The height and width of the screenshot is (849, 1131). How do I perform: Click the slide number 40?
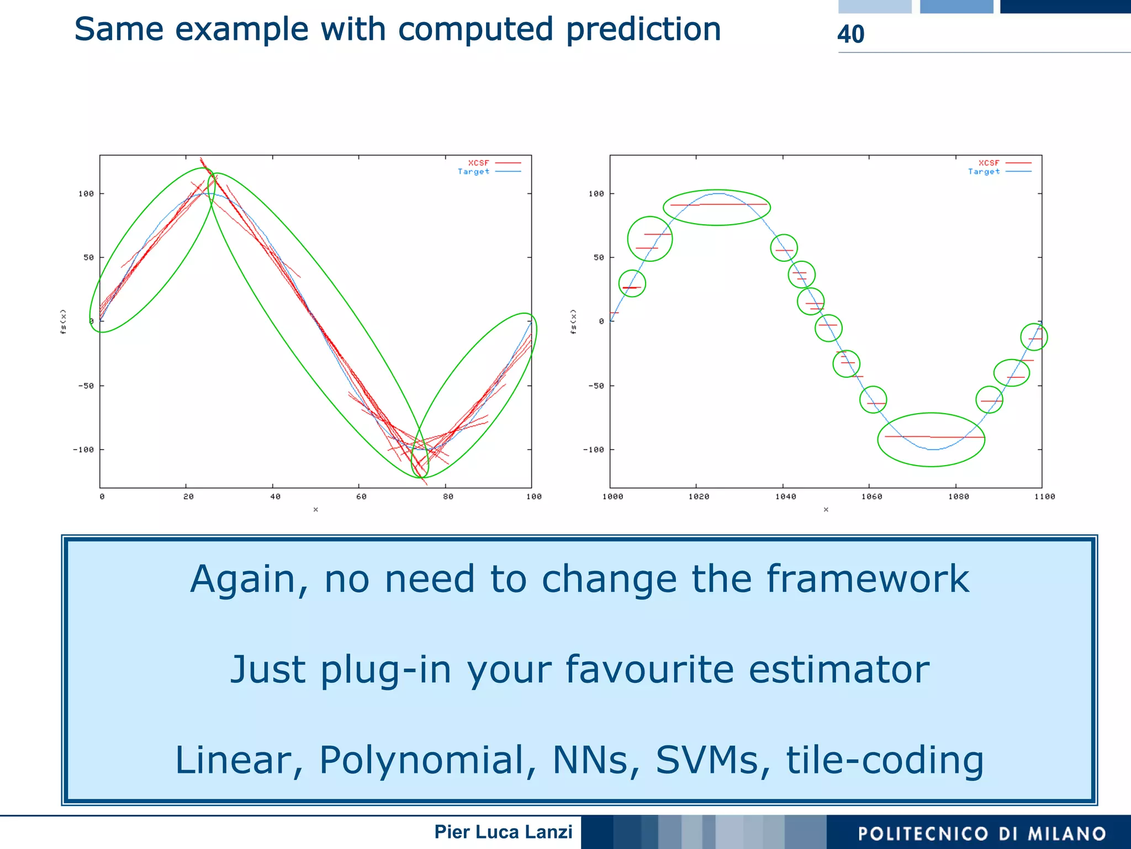[x=850, y=34]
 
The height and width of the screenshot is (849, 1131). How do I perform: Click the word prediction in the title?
[x=643, y=30]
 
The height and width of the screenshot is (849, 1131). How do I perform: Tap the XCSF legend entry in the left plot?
[x=479, y=163]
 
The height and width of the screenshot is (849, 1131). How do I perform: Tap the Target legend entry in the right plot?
[x=984, y=172]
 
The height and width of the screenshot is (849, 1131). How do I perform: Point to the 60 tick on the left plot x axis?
[x=361, y=497]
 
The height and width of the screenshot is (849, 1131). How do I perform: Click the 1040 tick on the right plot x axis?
[x=785, y=497]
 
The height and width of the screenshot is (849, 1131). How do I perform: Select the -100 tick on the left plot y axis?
[x=83, y=450]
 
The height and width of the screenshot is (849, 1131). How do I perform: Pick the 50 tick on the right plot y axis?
[x=599, y=257]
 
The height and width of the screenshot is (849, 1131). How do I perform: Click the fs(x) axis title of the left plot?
[x=64, y=321]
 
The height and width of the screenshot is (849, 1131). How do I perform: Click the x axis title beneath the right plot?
[x=826, y=509]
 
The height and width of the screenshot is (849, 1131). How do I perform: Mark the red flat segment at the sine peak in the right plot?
[x=718, y=205]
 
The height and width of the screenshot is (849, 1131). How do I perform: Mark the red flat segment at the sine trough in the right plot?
[x=933, y=437]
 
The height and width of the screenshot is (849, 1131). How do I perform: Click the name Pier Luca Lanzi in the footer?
[x=503, y=832]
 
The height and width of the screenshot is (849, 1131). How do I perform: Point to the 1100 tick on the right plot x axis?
[x=1044, y=497]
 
